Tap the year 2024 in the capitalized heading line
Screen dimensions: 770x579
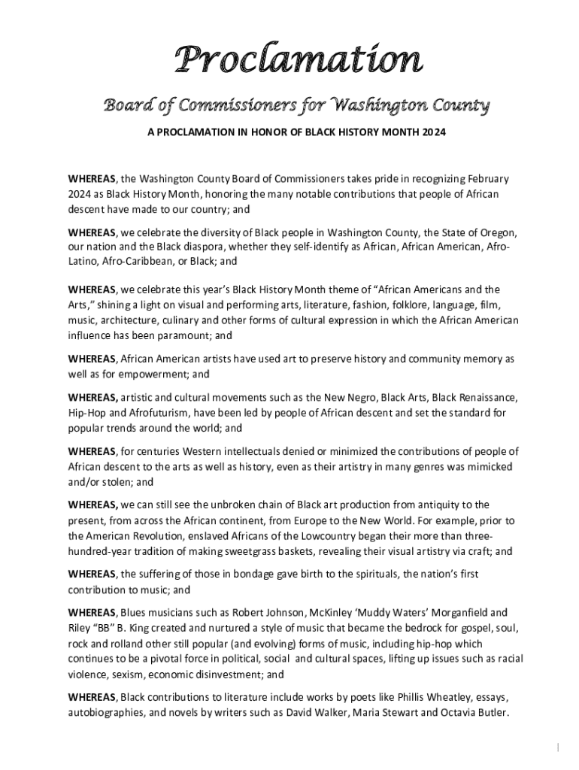coord(432,132)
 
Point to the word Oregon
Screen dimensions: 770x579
coord(497,232)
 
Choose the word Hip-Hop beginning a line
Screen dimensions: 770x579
coord(86,413)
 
